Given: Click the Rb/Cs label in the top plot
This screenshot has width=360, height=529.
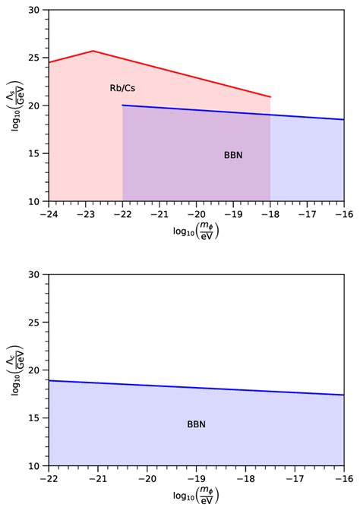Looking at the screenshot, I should click(x=122, y=89).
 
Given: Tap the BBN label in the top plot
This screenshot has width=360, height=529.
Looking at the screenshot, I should click(x=233, y=155).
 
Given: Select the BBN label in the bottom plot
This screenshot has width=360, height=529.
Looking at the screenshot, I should click(x=196, y=424).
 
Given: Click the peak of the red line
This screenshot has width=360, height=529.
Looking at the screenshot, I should click(x=93, y=51).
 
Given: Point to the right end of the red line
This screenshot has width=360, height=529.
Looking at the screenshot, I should click(x=270, y=97).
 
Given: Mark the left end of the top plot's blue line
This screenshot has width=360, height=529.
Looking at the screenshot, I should click(x=122, y=105).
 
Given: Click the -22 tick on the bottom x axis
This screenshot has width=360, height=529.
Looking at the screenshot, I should click(x=48, y=477).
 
